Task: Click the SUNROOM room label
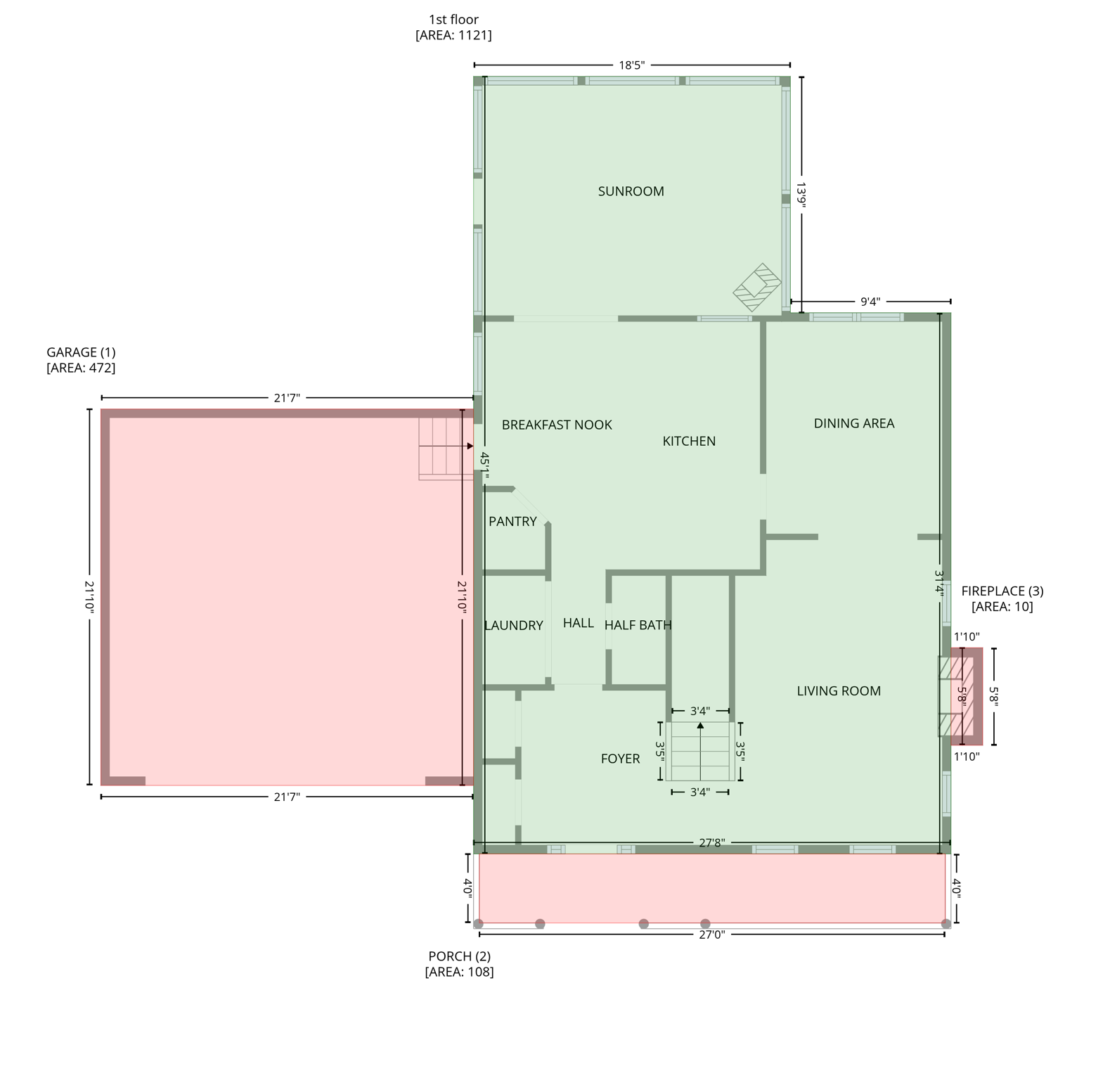pyautogui.click(x=631, y=191)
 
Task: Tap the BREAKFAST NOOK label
pyautogui.click(x=557, y=425)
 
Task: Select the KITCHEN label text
pyautogui.click(x=689, y=441)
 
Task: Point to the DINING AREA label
pyautogui.click(x=853, y=423)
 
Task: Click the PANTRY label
pyautogui.click(x=512, y=521)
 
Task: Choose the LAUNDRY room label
pyautogui.click(x=514, y=625)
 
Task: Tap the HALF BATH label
pyautogui.click(x=638, y=624)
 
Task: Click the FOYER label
pyautogui.click(x=620, y=759)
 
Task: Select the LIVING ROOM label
pyautogui.click(x=838, y=691)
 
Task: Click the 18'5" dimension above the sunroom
pyautogui.click(x=631, y=65)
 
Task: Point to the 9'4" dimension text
pyautogui.click(x=870, y=302)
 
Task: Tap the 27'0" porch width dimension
pyautogui.click(x=711, y=934)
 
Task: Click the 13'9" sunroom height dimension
pyautogui.click(x=801, y=194)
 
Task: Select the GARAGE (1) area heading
pyautogui.click(x=81, y=352)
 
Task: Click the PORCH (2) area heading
pyautogui.click(x=459, y=956)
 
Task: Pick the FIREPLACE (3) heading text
pyautogui.click(x=1002, y=591)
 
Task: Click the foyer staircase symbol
pyautogui.click(x=700, y=752)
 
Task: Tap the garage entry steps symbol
pyautogui.click(x=445, y=448)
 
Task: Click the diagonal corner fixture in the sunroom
pyautogui.click(x=757, y=287)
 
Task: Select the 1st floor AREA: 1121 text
pyautogui.click(x=453, y=35)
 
